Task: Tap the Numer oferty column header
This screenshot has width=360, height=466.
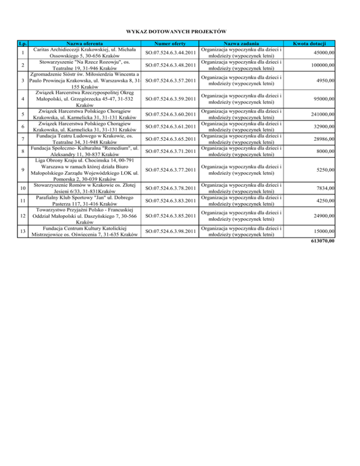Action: [170, 43]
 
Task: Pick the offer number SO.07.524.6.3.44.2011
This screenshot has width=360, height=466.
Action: [170, 53]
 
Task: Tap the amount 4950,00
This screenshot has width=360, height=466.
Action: [324, 81]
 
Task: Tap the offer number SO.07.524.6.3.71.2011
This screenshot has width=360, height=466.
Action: [170, 151]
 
